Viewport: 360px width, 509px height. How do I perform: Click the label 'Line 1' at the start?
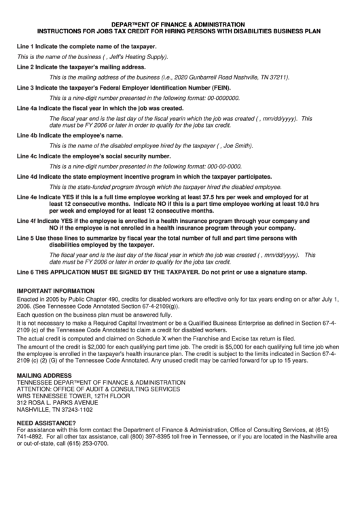[x=25, y=46]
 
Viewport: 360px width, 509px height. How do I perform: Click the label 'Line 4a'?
[x=27, y=109]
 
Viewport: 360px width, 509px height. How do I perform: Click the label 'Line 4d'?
[x=27, y=176]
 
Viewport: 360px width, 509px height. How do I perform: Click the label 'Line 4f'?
[x=26, y=222]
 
